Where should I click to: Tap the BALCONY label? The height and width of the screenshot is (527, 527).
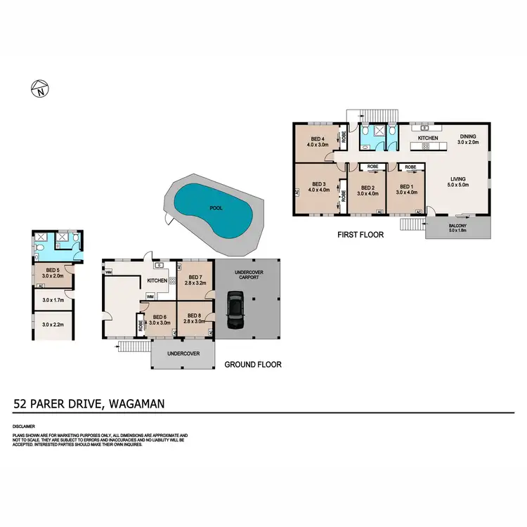[x=458, y=226]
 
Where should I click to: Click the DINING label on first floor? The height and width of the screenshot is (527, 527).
[x=468, y=136]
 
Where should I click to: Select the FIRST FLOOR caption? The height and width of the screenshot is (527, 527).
[x=360, y=235]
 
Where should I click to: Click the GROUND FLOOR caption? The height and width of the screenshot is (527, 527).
[x=253, y=365]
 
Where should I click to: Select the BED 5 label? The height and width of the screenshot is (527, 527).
[x=51, y=270]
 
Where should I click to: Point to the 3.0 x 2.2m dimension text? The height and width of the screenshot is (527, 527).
[x=53, y=325]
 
